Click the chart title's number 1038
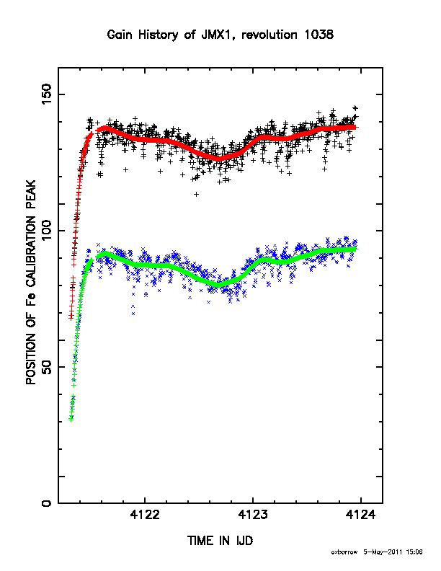tap(318, 35)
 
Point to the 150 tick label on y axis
tap(47, 94)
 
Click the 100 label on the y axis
tap(47, 230)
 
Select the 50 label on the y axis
tap(47, 367)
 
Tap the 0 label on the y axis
tap(47, 503)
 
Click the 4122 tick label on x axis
tap(145, 515)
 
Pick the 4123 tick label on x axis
tap(253, 515)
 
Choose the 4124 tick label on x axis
tap(360, 515)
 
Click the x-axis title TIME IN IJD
tap(220, 541)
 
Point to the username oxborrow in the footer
tap(344, 552)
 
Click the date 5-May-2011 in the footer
tap(383, 552)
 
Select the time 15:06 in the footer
tap(414, 552)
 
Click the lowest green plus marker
tap(71, 420)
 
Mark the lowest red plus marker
tap(71, 318)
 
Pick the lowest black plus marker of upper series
tap(197, 195)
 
